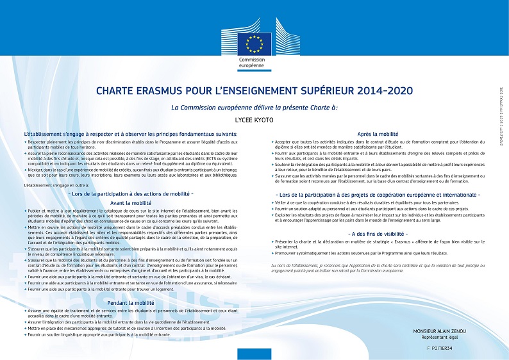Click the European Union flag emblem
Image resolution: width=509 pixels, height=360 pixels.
click(x=254, y=43)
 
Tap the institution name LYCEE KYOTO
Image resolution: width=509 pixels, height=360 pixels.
click(x=254, y=119)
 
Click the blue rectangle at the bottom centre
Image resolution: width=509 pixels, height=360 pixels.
click(x=254, y=354)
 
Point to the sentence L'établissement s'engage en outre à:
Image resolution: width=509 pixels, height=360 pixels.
click(x=56, y=184)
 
